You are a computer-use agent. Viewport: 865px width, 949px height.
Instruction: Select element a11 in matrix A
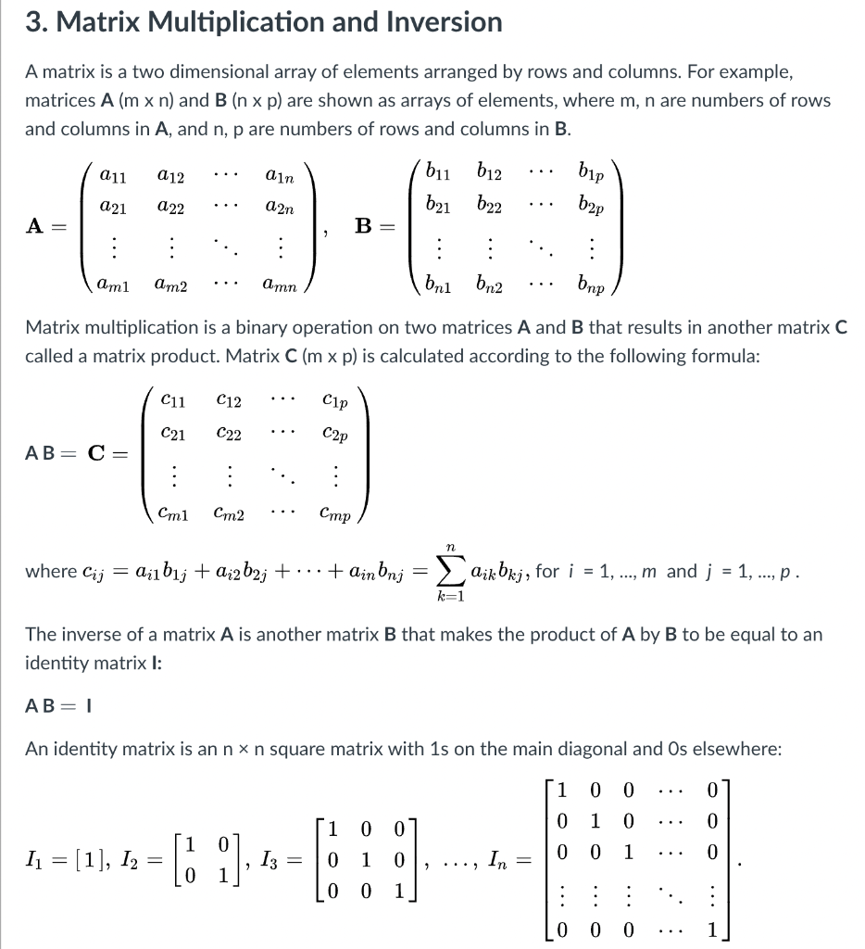(x=113, y=173)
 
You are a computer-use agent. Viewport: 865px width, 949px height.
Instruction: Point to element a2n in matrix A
(x=280, y=210)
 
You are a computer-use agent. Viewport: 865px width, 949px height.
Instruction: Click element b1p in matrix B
(x=592, y=171)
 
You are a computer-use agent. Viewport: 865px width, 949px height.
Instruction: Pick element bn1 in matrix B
(x=438, y=285)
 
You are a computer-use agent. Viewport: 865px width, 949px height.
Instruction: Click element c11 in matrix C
(x=172, y=400)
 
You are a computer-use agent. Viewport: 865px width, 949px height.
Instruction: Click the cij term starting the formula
(x=93, y=572)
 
